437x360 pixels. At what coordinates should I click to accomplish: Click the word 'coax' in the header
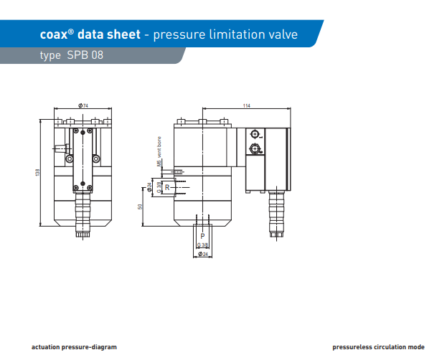pyautogui.click(x=53, y=34)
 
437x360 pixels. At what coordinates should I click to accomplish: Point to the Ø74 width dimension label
pyautogui.click(x=83, y=105)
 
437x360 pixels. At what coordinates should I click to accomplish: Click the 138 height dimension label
pyautogui.click(x=37, y=172)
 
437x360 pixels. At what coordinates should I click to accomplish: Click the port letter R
pyautogui.click(x=167, y=187)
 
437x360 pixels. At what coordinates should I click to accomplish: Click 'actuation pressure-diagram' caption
pyautogui.click(x=74, y=346)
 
